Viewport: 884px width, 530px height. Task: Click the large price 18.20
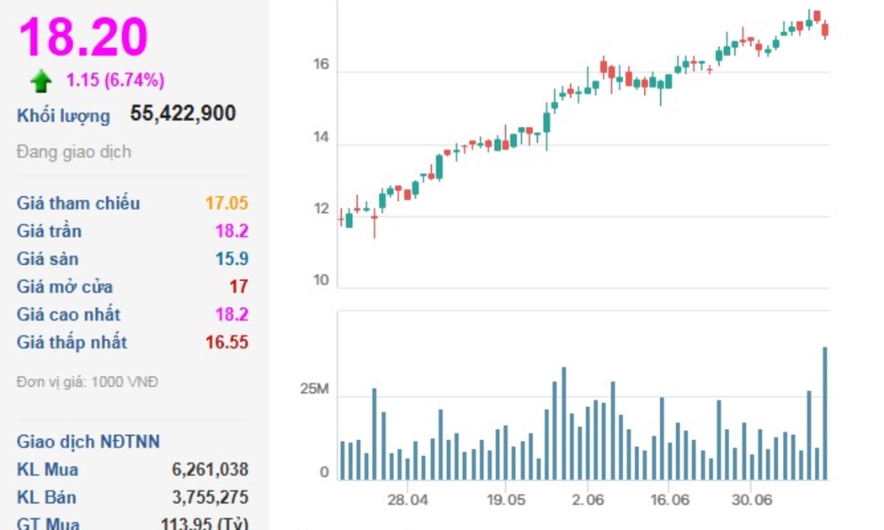point(83,36)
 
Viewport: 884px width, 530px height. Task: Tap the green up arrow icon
point(40,81)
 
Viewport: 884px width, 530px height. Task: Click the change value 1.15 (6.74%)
point(115,81)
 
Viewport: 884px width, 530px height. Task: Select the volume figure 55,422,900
point(183,114)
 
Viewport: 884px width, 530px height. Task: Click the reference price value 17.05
point(226,203)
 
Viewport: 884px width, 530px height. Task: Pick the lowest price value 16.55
point(226,342)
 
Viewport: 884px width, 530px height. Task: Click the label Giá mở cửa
point(65,286)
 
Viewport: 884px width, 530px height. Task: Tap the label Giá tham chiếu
point(78,203)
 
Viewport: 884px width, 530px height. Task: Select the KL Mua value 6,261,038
point(210,469)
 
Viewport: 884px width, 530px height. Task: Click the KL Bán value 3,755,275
point(210,497)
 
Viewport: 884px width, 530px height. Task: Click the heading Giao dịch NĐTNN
point(88,442)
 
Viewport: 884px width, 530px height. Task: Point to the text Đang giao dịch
point(74,152)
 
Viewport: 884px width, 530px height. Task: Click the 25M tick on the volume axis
point(315,390)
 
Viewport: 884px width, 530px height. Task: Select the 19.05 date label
point(505,499)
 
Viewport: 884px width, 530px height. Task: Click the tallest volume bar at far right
point(825,412)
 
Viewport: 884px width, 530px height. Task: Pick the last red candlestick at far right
point(825,29)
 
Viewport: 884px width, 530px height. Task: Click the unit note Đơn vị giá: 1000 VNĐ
point(88,382)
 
